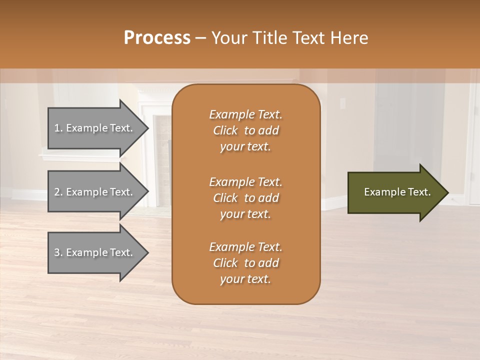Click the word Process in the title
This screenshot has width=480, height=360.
coord(157,38)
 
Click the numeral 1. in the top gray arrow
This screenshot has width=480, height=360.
coord(58,128)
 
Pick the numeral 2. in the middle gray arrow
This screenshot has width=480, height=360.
coord(58,192)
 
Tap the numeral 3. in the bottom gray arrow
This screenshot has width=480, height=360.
coord(58,252)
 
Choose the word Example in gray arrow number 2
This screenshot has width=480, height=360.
coord(85,192)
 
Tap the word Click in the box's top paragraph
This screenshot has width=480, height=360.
coord(225,130)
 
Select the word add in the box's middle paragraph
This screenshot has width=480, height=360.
coord(268,198)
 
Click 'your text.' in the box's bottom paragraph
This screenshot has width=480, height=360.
coord(245,279)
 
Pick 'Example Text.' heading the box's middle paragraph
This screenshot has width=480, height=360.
coord(245,181)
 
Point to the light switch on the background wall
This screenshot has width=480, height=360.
coord(342,103)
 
